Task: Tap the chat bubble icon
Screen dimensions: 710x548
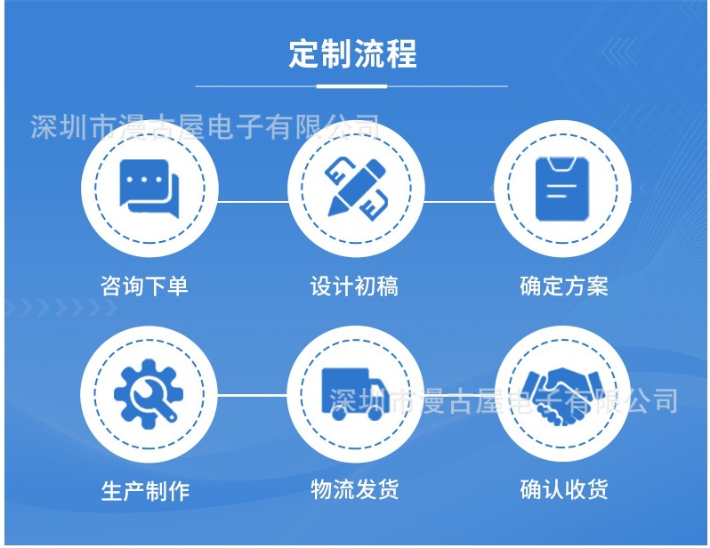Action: [149, 187]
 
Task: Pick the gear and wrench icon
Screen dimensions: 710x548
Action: [149, 392]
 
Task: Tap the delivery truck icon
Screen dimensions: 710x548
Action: [355, 393]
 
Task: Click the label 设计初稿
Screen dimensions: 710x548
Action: [354, 286]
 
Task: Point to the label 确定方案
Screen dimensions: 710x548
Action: [564, 286]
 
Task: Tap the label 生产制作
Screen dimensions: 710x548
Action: [145, 490]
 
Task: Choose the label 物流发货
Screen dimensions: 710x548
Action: [354, 489]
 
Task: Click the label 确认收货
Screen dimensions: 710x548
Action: [564, 489]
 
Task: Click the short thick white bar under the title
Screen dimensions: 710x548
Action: [352, 86]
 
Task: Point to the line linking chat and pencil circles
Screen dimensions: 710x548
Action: [252, 201]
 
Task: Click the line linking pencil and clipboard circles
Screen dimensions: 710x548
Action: [458, 201]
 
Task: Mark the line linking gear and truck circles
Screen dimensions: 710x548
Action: [252, 394]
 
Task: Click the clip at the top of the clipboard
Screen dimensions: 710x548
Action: [561, 163]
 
